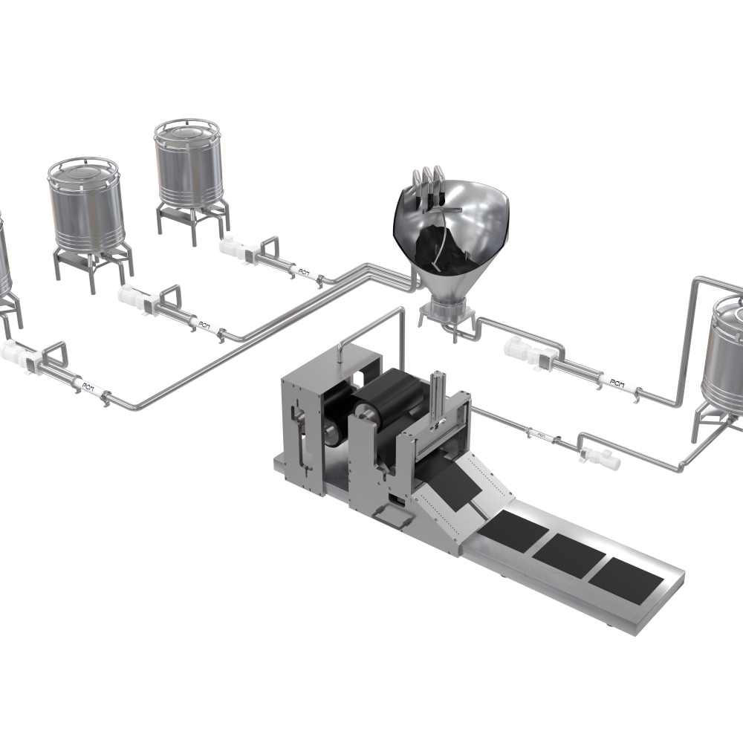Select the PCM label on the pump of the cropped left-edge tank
[87, 385]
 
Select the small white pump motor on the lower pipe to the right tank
[599, 457]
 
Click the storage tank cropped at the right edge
[724, 364]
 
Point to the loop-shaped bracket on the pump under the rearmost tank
[269, 244]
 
